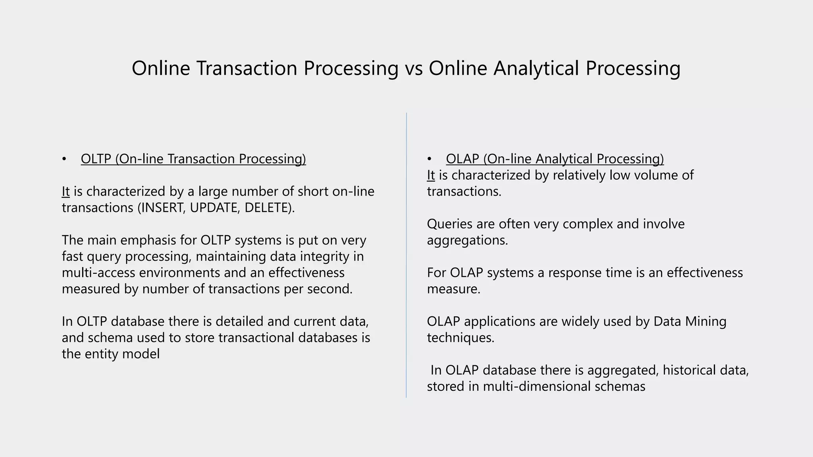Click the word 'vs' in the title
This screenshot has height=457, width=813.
[x=413, y=68]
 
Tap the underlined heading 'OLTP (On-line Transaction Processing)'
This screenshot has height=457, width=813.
[x=193, y=159]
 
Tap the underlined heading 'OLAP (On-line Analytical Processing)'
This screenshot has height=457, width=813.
[x=555, y=159]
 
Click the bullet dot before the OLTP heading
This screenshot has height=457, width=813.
[x=64, y=159]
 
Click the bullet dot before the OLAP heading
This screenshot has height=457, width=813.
[x=429, y=159]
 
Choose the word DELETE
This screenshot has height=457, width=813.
[x=268, y=207]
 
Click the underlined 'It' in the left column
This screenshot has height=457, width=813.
[x=66, y=191]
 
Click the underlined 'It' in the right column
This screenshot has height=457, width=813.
[x=431, y=175]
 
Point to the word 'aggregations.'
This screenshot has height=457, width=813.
[x=467, y=240]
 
